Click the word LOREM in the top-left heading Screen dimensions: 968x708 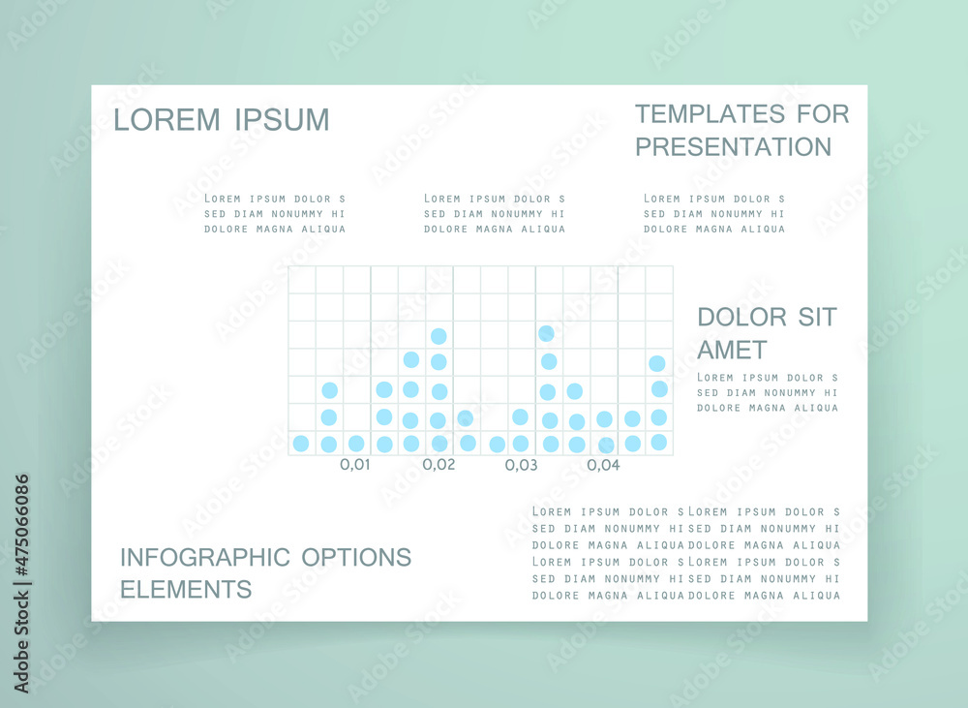166,120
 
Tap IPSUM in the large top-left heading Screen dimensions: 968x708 282,120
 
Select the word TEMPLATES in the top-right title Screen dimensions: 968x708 710,114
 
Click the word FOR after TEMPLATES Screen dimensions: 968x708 823,114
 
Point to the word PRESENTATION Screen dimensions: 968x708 734,147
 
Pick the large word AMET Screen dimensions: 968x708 732,351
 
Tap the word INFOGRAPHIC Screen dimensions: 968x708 205,557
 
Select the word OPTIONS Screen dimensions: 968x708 356,557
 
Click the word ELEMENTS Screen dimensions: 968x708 186,590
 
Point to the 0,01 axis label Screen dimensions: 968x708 355,465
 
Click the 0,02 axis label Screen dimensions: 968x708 439,465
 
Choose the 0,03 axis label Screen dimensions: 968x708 521,465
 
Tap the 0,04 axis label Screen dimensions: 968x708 603,465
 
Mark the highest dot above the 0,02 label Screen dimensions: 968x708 439,336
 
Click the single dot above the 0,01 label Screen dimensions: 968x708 356,443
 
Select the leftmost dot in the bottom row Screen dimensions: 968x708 301,443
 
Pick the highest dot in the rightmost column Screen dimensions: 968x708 657,363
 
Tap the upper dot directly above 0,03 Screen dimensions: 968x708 521,416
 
